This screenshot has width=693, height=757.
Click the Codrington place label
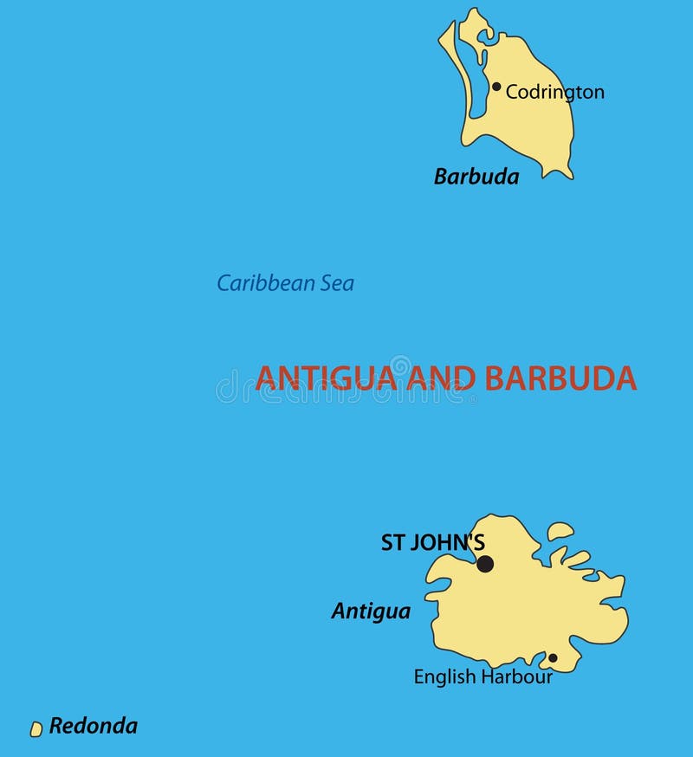(x=554, y=92)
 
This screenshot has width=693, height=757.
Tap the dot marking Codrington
(x=496, y=87)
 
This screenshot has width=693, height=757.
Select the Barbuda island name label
(x=476, y=178)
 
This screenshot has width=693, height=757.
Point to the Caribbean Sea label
(x=285, y=283)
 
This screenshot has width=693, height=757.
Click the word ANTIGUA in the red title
(x=326, y=378)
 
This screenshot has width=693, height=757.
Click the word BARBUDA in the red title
(x=560, y=378)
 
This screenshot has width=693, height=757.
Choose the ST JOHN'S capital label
(x=432, y=543)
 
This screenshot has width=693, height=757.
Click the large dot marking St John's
(x=485, y=564)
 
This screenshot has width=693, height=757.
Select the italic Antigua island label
(x=371, y=611)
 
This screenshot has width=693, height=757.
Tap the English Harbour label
(x=483, y=677)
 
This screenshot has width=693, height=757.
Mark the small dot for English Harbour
(x=553, y=658)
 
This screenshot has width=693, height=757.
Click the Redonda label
(x=93, y=726)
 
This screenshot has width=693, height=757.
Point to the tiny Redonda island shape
(x=36, y=729)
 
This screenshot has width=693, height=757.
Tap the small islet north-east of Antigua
(x=560, y=531)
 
